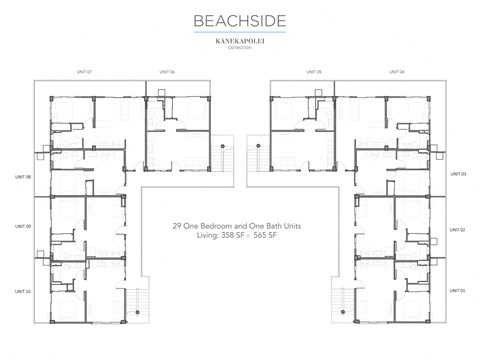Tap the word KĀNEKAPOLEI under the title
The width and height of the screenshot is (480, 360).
239,42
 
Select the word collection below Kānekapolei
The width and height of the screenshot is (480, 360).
239,49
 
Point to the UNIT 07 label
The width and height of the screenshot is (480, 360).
84,72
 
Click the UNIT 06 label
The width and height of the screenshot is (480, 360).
166,72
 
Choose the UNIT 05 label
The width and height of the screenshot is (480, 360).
314,72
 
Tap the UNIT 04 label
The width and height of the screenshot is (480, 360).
396,72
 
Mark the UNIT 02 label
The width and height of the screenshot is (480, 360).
461,230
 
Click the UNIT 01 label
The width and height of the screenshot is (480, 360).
461,290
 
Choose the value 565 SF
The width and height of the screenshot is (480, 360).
266,237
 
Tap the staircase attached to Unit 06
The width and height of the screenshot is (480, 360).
228,156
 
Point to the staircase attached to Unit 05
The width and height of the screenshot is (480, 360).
253,156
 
